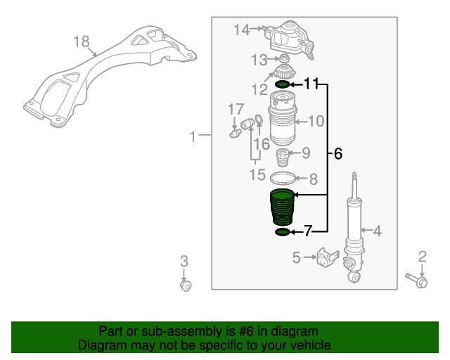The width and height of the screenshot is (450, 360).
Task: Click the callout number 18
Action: tap(82, 42)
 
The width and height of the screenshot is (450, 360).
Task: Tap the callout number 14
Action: tap(242, 30)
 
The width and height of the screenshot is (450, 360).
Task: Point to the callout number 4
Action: tap(377, 230)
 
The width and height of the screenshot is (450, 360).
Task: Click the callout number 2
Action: tap(423, 257)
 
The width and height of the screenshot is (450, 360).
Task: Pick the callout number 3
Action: tap(184, 262)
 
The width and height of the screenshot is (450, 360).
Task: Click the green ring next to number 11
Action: tap(281, 85)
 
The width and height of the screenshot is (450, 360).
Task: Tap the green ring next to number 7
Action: tap(281, 231)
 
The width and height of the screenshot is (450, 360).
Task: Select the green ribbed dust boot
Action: tap(283, 208)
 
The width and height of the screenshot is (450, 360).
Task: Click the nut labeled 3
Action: tap(186, 285)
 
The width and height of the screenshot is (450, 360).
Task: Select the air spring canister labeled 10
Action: tap(283, 122)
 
